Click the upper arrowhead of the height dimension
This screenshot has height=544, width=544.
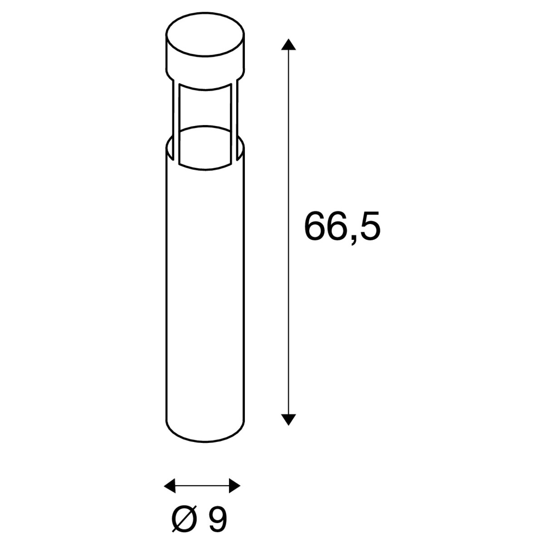[x=288, y=44]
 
